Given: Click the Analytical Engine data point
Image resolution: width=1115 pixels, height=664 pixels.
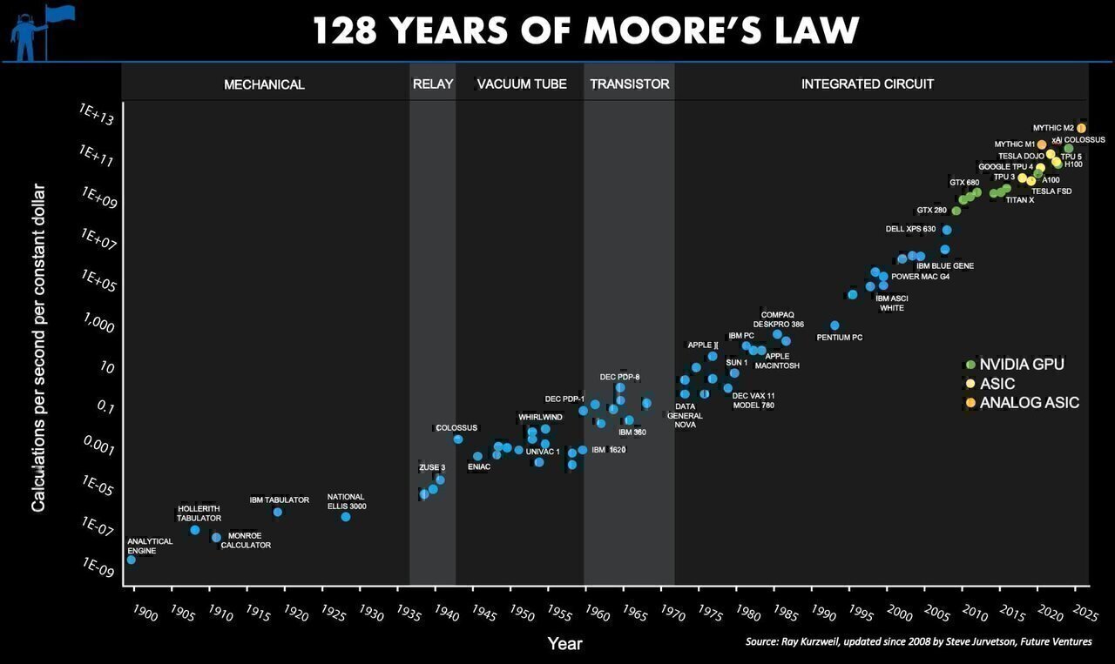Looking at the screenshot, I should point(131,560).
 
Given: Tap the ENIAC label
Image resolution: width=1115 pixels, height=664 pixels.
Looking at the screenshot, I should point(478,467).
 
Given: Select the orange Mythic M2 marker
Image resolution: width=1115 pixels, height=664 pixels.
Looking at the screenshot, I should point(1081,128).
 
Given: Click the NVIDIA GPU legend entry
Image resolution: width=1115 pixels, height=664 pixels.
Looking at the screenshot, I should point(1021,365).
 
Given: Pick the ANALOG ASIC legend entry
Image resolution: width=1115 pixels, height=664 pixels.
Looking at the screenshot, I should point(1029,403).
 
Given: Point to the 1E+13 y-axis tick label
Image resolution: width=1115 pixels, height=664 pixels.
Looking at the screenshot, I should point(97,114).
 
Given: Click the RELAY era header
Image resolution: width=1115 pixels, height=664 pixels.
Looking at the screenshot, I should point(432,84).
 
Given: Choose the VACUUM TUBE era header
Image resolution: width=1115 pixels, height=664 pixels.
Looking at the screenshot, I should point(522,84).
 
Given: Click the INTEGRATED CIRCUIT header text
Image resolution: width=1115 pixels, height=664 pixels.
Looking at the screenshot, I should point(867,84).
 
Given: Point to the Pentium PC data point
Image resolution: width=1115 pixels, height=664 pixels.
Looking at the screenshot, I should point(835,325).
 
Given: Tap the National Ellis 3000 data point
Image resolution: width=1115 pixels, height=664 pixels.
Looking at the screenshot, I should point(346,517).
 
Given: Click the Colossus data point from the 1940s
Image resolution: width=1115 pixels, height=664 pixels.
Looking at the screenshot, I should point(458,439).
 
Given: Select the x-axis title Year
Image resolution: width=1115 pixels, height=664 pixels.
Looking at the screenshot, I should point(564,644).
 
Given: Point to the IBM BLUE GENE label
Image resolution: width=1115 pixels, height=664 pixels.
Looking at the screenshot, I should point(945,266).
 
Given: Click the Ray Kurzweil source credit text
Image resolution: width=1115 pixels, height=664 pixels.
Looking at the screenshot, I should point(918,642).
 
